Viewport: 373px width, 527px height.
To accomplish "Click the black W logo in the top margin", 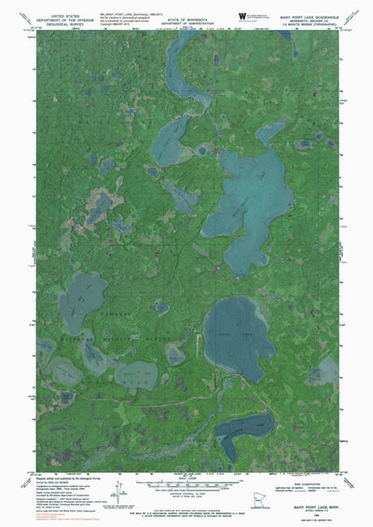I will coord(245,16).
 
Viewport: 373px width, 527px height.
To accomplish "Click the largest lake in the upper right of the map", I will coord(246,196).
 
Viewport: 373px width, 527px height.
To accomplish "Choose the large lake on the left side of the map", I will coord(82,302).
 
